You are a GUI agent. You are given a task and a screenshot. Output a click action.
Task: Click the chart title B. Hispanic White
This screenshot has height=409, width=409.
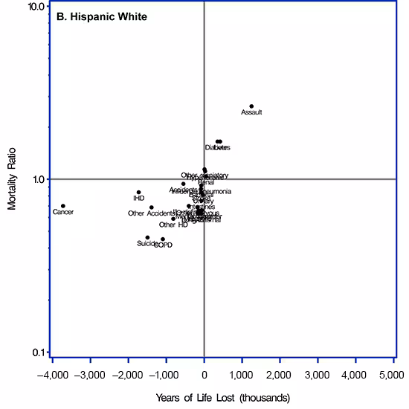pos(103,16)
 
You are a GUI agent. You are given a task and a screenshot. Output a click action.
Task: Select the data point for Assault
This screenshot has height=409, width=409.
pos(251,106)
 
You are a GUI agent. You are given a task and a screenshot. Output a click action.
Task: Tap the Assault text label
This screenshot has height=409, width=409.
pos(251,113)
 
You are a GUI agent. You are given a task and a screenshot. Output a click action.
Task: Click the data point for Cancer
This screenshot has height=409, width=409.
pos(63,206)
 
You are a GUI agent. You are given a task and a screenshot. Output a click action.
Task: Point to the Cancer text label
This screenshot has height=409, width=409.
pos(63,213)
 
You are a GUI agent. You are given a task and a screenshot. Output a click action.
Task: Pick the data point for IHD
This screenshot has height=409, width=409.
pos(138,193)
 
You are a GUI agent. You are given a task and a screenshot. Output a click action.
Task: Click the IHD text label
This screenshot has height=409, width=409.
pos(138,199)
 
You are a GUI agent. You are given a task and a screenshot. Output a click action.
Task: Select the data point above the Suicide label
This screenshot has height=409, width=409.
pos(147,238)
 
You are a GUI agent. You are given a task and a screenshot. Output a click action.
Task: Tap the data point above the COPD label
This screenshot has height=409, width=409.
pos(163,239)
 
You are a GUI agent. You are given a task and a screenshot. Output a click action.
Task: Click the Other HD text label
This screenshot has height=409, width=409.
pos(173,225)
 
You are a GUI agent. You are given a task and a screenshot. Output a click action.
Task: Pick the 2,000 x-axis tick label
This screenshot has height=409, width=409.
pos(280,371)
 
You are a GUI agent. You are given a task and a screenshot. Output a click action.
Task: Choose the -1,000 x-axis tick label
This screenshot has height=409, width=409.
pos(166,371)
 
